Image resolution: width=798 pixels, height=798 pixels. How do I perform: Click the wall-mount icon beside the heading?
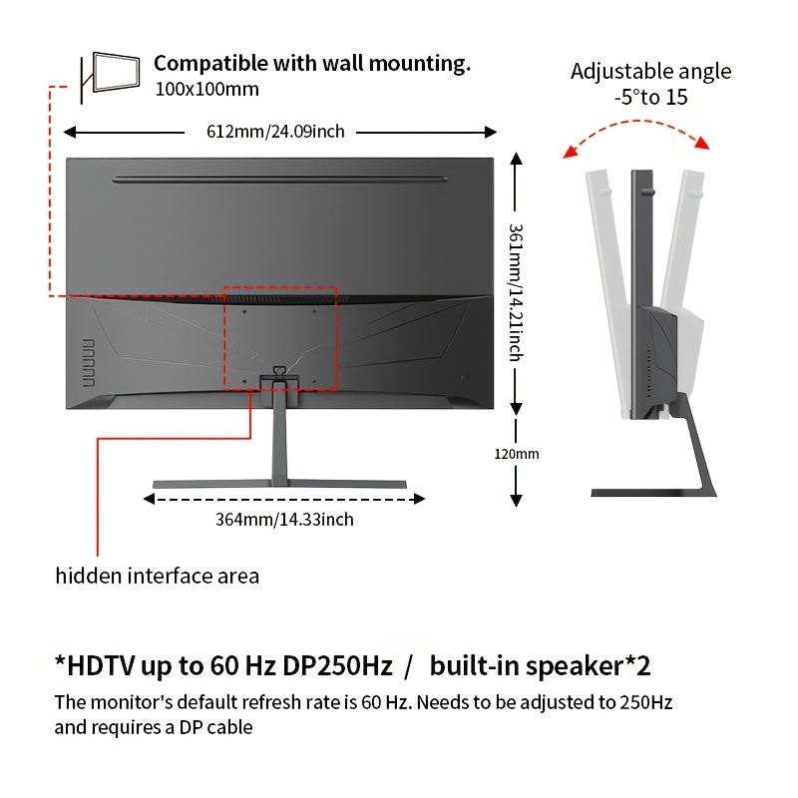point(110,77)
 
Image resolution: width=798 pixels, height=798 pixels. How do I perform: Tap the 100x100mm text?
point(206,90)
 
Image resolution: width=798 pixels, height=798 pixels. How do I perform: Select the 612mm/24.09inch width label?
point(275,132)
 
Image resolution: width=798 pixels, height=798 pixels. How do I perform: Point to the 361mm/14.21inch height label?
point(517,292)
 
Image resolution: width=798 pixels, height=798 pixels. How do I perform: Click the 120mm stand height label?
point(516,454)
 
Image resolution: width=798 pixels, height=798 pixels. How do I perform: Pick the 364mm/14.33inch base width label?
point(284,520)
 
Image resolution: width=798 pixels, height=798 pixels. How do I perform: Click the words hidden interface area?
point(158,577)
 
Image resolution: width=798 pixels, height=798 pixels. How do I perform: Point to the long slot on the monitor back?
point(279,180)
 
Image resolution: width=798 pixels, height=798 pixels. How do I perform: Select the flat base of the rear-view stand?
point(279,484)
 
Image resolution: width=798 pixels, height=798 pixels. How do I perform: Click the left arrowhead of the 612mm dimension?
point(70,133)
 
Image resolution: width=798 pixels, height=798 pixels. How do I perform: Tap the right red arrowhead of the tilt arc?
point(703,143)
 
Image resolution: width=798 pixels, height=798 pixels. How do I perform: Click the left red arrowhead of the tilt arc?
point(570,152)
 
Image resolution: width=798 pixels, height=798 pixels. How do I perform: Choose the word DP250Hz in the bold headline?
point(337,665)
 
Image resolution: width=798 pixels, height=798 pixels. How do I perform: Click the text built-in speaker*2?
point(540,665)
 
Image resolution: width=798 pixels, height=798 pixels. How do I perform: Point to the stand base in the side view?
point(654,493)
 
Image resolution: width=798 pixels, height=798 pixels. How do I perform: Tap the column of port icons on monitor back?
point(89,362)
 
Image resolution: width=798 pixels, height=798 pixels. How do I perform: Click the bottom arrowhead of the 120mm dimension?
point(516,501)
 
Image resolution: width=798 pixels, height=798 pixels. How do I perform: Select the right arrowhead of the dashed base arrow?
point(419,499)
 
